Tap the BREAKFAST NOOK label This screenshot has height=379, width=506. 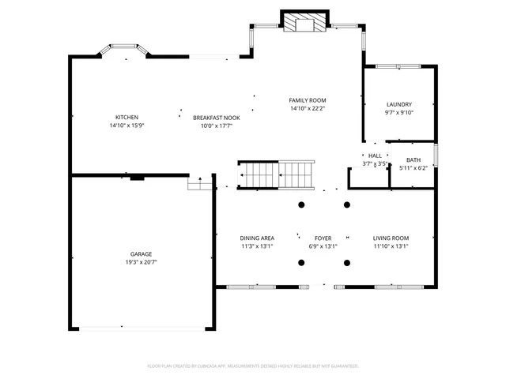pyautogui.click(x=216, y=118)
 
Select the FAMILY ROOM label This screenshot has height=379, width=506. pyautogui.click(x=307, y=100)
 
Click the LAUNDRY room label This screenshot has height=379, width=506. pyautogui.click(x=398, y=105)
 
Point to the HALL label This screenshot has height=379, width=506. pyautogui.click(x=375, y=156)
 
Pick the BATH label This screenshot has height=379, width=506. pyautogui.click(x=413, y=160)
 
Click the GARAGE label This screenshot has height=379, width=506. pyautogui.click(x=142, y=254)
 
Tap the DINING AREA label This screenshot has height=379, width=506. pyautogui.click(x=257, y=238)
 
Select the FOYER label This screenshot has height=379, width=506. pyautogui.click(x=323, y=238)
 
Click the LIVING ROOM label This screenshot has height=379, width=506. pyautogui.click(x=391, y=238)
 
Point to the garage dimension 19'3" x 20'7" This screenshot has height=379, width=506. pyautogui.click(x=142, y=262)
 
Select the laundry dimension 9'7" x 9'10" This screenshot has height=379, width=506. pyautogui.click(x=398, y=112)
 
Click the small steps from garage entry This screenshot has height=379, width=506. pyautogui.click(x=199, y=183)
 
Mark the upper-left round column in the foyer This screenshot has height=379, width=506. pyautogui.click(x=301, y=205)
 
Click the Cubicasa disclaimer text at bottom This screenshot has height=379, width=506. pyautogui.click(x=253, y=366)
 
